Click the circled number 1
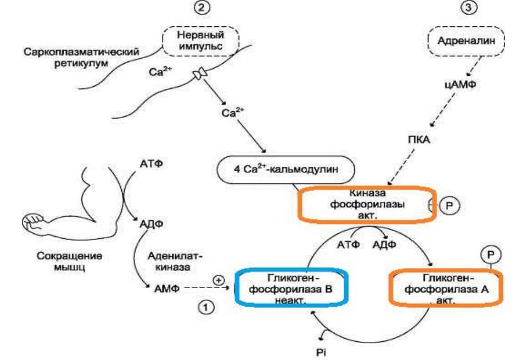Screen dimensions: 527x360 click(206, 307)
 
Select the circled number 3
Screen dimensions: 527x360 click(468, 7)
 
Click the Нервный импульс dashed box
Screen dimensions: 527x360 click(201, 41)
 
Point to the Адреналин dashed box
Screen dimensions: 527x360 click(466, 41)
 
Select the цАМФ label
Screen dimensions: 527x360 click(460, 85)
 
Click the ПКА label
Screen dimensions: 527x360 click(419, 139)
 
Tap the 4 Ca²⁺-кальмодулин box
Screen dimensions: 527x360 click(285, 169)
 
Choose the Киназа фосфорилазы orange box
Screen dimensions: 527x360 click(367, 205)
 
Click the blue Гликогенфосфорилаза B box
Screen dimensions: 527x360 click(291, 288)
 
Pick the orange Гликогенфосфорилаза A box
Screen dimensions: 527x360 click(446, 288)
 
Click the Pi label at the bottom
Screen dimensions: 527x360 click(321, 352)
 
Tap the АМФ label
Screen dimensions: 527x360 click(167, 289)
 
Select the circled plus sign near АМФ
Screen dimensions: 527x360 click(218, 280)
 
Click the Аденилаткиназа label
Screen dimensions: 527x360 click(175, 262)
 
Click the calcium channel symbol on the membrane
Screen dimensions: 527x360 click(199, 74)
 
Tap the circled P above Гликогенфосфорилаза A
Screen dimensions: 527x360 click(491, 255)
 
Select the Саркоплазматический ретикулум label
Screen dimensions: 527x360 click(81, 58)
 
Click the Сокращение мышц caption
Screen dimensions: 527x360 click(70, 262)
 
